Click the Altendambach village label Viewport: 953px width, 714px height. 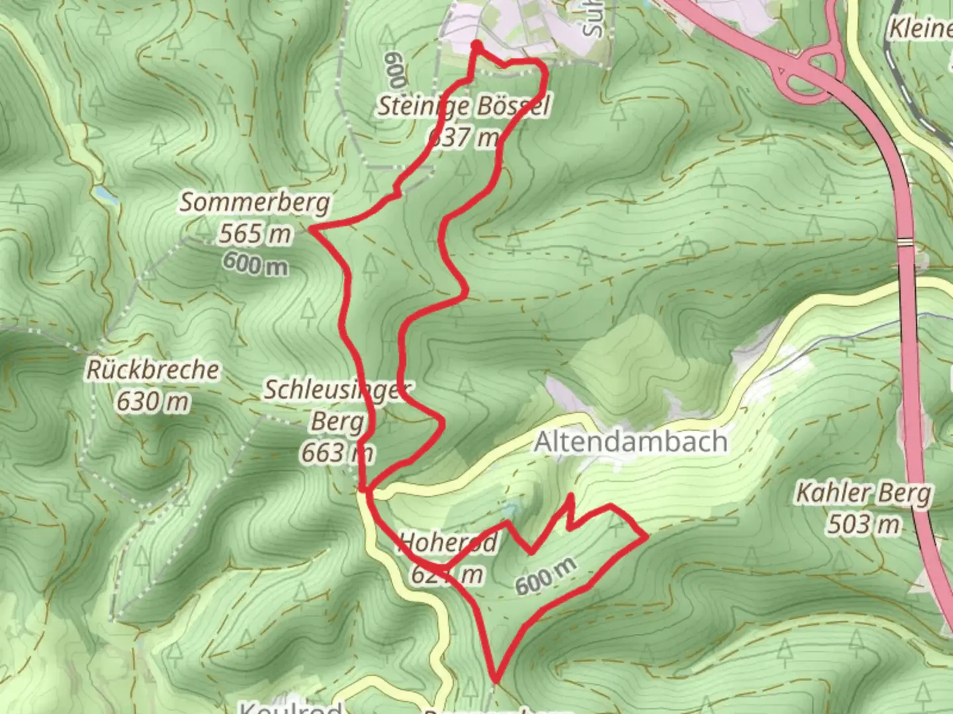point(630,442)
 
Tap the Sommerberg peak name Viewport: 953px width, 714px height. point(255,202)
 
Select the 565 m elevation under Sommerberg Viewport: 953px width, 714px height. point(255,233)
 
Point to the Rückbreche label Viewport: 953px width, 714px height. point(152,370)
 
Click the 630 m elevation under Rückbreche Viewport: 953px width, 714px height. point(152,401)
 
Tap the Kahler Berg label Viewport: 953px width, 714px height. point(863,493)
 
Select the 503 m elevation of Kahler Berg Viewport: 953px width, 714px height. point(863,525)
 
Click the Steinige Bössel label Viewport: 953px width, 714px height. point(463,106)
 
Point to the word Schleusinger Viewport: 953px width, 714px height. point(338,390)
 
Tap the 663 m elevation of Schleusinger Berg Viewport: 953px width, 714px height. point(337,454)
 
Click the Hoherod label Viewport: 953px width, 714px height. point(448,543)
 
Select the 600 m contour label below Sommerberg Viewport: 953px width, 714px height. point(255,264)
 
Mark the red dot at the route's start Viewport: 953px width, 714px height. point(476,45)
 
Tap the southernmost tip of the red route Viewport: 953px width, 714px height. point(494,679)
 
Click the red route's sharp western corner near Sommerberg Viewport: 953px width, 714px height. point(311,229)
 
